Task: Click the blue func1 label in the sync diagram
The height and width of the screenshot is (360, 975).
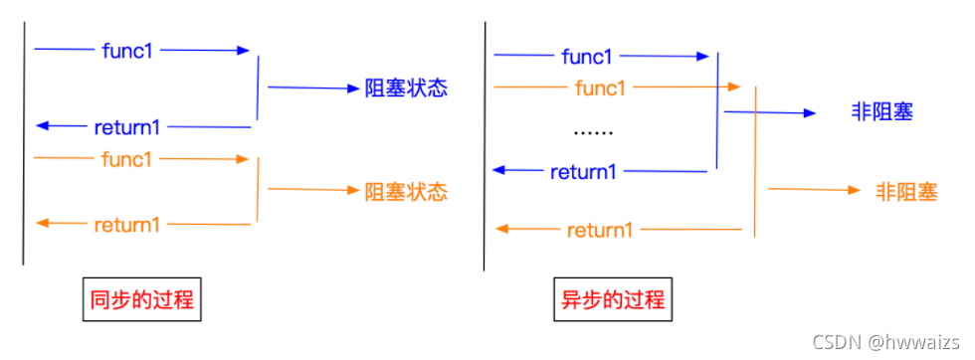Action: (128, 49)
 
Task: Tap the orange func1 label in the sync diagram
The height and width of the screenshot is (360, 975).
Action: (128, 158)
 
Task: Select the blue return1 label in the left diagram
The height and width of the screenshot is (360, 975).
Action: (127, 127)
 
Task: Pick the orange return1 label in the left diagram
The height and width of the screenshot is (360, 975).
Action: (127, 225)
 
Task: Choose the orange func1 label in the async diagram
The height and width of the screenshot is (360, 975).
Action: (601, 88)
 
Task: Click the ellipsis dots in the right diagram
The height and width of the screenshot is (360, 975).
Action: (594, 130)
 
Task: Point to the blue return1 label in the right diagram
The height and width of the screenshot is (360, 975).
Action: (584, 172)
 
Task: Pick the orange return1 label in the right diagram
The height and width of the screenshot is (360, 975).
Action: (600, 231)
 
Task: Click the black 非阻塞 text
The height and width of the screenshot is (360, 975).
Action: (881, 112)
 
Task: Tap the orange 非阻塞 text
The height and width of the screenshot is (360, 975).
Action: (906, 191)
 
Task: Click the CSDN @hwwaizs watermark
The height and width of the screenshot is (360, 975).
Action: (887, 342)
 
